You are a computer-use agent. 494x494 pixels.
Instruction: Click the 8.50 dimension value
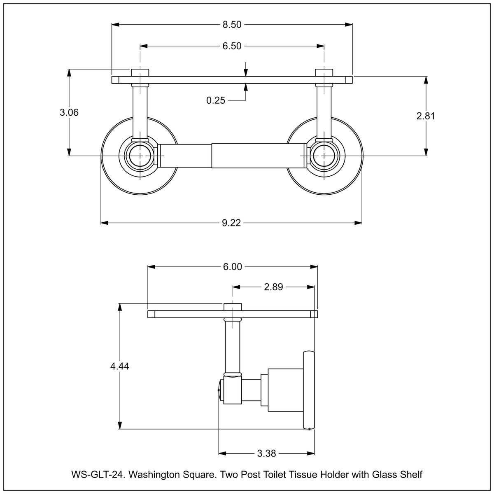click(x=232, y=25)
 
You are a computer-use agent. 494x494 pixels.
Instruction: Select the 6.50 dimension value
click(x=232, y=46)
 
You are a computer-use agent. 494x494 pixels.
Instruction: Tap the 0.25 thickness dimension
click(x=216, y=100)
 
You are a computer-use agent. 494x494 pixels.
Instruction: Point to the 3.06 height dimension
click(x=69, y=112)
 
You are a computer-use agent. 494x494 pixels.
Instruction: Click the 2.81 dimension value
click(x=426, y=116)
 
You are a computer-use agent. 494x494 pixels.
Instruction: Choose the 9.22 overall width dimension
click(x=231, y=223)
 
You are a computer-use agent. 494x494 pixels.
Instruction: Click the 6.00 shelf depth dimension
click(x=233, y=267)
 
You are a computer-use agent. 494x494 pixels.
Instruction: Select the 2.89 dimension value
click(x=273, y=287)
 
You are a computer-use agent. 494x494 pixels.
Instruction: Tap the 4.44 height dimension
click(x=120, y=366)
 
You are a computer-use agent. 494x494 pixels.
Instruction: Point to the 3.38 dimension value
click(x=266, y=453)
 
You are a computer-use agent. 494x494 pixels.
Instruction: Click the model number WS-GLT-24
click(x=97, y=475)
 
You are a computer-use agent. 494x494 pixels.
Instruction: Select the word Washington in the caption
click(x=156, y=475)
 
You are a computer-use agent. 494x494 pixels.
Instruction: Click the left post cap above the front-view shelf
click(x=140, y=72)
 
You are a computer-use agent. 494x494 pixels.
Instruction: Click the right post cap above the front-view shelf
click(x=324, y=72)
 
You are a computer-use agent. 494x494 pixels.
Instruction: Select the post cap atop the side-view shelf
click(x=233, y=307)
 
